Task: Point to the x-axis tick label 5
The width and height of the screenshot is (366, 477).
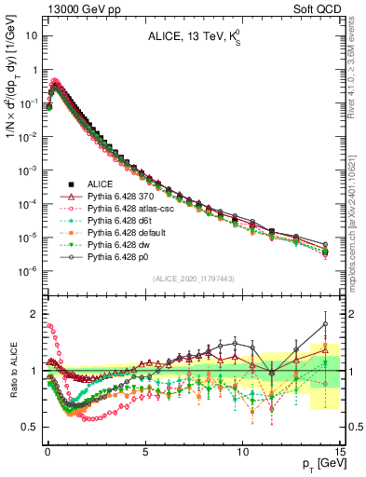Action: pos(145,449)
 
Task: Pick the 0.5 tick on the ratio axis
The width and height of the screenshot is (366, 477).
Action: pos(31,427)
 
